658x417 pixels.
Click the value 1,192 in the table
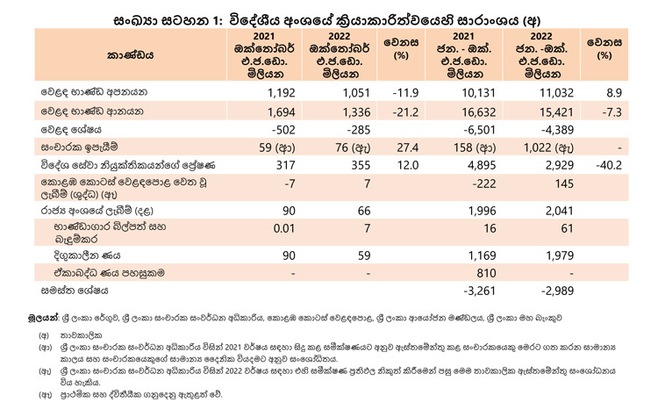[x=281, y=93]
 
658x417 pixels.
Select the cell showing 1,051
[x=356, y=93]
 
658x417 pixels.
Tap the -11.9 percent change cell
[x=405, y=93]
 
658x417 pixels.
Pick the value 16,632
[x=478, y=112]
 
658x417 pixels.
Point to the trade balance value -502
[x=283, y=130]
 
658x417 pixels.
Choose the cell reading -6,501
[x=480, y=130]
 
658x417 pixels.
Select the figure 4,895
[x=482, y=165]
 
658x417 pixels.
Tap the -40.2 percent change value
[x=609, y=165]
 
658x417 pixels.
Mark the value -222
[x=483, y=183]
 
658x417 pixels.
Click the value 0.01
[x=284, y=228]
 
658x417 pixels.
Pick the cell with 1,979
[x=560, y=255]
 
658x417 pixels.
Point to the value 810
[x=486, y=273]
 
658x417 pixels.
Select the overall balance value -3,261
[x=480, y=291]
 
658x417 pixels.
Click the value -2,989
[x=557, y=291]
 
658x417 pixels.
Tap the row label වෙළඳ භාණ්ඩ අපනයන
[x=94, y=92]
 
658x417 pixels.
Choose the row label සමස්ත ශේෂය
[x=75, y=291]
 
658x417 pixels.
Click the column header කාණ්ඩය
[x=130, y=55]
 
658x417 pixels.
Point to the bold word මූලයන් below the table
[x=43, y=318]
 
